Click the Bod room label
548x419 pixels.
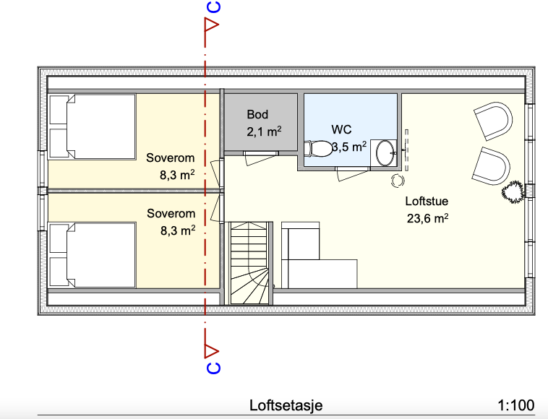[258, 114]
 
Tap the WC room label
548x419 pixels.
[341, 129]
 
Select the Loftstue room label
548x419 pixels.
[427, 202]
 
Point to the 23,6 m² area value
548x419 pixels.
[427, 218]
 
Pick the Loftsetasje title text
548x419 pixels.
[286, 405]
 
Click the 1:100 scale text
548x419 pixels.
[516, 405]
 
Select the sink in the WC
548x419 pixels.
[388, 152]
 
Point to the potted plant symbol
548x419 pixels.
[513, 191]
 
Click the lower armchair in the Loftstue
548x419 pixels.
[491, 165]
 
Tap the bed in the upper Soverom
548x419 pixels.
[92, 127]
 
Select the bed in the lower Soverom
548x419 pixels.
[92, 255]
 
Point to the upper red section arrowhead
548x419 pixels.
[212, 26]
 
